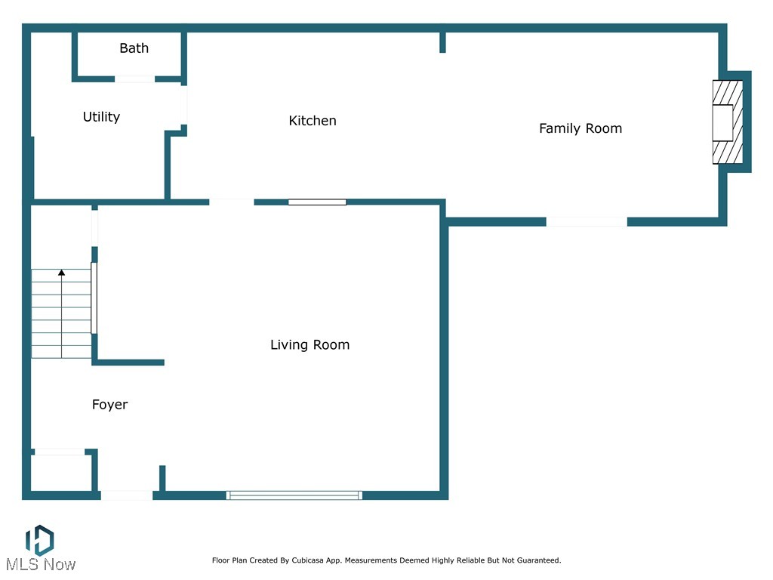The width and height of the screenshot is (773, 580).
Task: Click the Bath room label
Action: tap(134, 48)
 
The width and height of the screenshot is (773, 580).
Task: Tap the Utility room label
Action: tap(102, 117)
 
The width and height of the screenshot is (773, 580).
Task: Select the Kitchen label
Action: tap(313, 121)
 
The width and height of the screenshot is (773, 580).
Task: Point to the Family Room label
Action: tap(581, 128)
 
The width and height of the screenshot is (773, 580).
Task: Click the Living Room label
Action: tap(310, 344)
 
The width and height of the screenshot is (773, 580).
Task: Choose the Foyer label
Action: tap(110, 405)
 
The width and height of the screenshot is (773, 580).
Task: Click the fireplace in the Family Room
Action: tap(728, 122)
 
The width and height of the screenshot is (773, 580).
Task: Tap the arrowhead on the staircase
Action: tap(62, 272)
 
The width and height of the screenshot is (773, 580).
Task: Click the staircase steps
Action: tap(62, 313)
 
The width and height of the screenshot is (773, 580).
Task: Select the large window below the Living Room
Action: tap(294, 495)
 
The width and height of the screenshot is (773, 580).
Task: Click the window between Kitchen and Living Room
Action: tap(317, 202)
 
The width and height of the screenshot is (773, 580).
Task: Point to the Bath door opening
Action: tap(134, 79)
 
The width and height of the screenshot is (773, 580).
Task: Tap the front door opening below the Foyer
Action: tap(127, 495)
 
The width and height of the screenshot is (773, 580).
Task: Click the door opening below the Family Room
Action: tap(587, 222)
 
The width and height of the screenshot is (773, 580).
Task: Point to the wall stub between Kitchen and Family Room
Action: tap(442, 42)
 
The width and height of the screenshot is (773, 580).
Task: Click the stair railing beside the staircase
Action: tap(94, 298)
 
